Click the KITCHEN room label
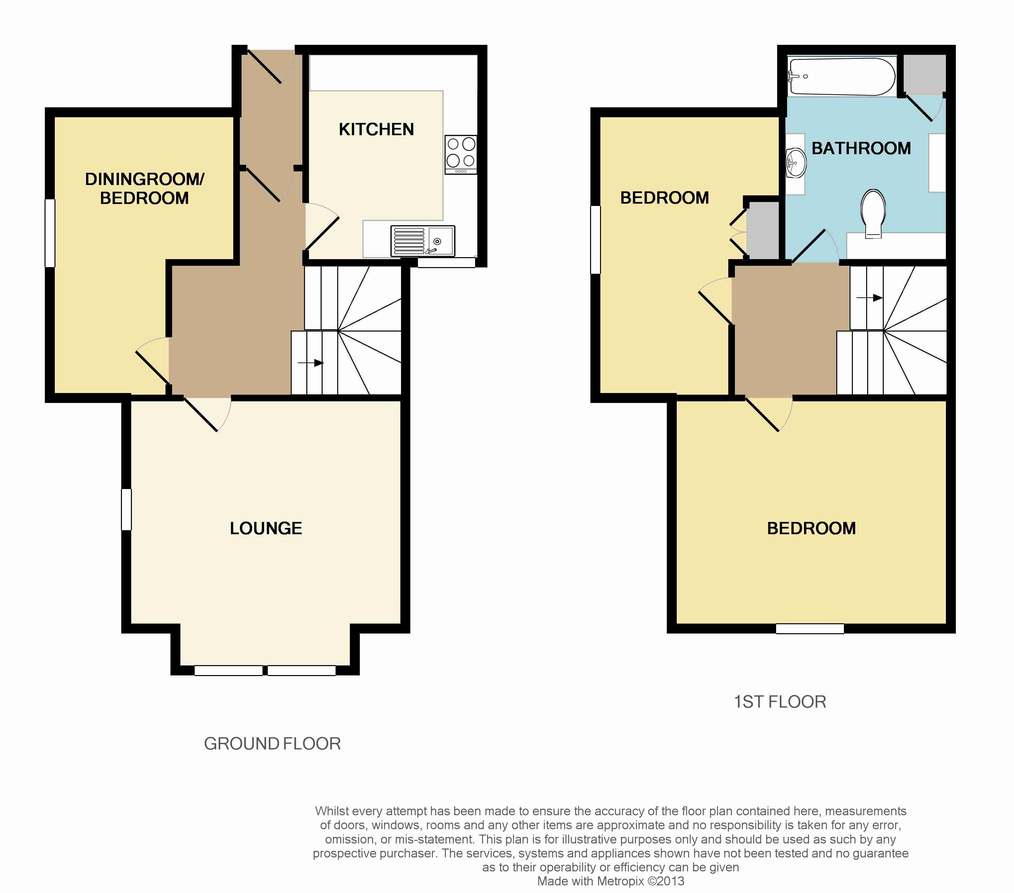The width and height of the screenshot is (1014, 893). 376,130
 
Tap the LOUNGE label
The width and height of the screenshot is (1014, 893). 266,528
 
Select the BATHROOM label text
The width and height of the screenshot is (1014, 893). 861,149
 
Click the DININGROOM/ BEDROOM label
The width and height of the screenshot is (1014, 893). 145,188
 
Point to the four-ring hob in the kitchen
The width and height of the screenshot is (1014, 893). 461,154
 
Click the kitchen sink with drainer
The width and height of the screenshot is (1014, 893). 423,241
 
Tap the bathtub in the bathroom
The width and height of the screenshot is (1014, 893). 842,77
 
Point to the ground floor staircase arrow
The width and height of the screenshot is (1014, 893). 311,363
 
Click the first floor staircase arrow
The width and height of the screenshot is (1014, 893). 869,298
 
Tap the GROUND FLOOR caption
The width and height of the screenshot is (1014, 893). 272,744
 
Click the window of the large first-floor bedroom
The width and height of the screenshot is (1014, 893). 810,629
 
